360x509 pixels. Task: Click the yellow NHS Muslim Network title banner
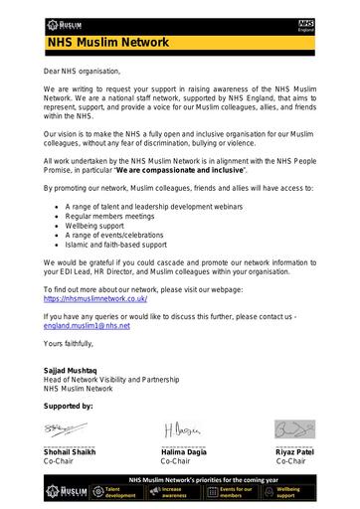point(179,43)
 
